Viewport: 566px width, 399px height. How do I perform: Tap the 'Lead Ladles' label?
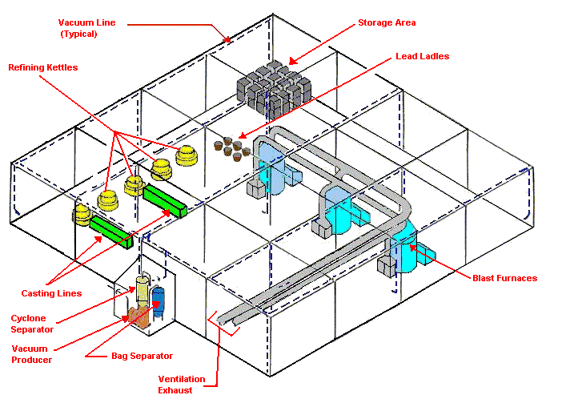[x=422, y=57]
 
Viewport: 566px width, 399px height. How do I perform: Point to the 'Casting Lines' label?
[x=52, y=293]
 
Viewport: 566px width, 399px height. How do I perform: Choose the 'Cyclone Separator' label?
[x=32, y=324]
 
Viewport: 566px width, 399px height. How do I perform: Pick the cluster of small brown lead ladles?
[x=231, y=147]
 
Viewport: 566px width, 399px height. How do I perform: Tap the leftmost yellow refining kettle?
[x=82, y=213]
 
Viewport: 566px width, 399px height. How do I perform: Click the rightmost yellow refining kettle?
[x=188, y=156]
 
